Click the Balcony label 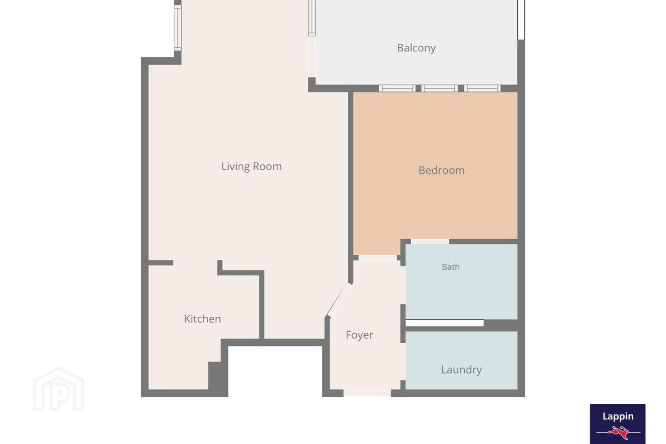pos(416,48)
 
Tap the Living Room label pos(252,166)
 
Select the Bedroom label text pos(442,170)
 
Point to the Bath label pos(451,267)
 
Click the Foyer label pos(359,335)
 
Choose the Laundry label pos(462,370)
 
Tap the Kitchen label pos(203,319)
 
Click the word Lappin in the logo pos(618,416)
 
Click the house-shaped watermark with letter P pos(59,388)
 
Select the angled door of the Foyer pos(339,299)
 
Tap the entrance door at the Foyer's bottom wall pos(367,393)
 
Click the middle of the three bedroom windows pos(439,88)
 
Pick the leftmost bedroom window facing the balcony pos(397,88)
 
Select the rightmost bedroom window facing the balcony pos(482,88)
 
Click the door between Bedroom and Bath pos(430,241)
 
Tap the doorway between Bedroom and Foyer pos(377,258)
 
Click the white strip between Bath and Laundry pos(444,323)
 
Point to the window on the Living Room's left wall pos(178,28)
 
